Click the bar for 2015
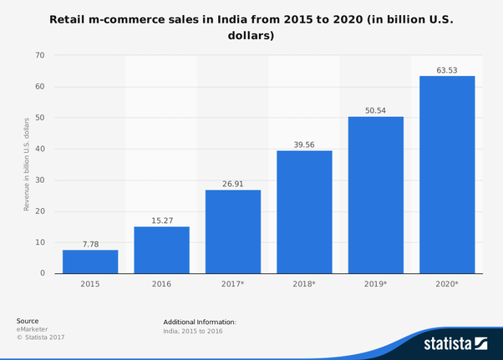[90, 261]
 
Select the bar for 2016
[161, 250]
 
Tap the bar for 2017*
[233, 231]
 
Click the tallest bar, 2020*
[447, 175]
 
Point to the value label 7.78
[90, 244]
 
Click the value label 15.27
[161, 221]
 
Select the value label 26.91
[233, 184]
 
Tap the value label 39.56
[304, 145]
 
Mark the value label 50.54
[376, 109]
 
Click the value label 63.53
[447, 69]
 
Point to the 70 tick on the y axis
[40, 56]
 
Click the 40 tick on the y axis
[40, 149]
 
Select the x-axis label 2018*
[304, 285]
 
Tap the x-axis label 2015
[90, 285]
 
